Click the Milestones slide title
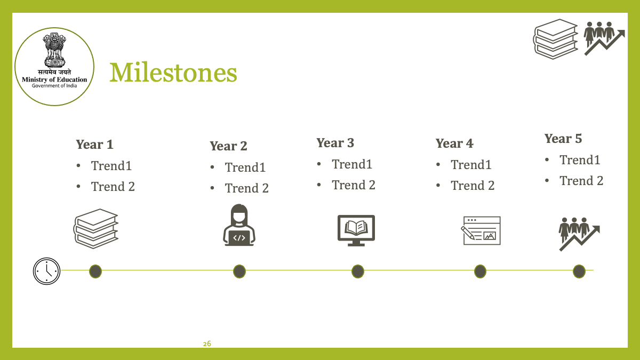[173, 73]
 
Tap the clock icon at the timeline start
[46, 271]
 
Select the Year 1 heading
[94, 145]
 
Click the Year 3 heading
[335, 143]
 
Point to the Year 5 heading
[563, 139]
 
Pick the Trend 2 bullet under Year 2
[246, 188]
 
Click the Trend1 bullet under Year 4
[471, 165]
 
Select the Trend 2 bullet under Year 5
[581, 181]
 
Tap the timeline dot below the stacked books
[95, 271]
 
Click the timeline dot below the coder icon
[239, 271]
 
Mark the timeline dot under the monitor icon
[358, 271]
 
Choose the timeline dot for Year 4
[481, 271]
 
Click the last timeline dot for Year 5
[579, 271]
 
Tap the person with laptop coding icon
[239, 225]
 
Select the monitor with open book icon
[356, 230]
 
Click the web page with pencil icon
[481, 230]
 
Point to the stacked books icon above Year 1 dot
[95, 229]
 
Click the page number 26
[207, 343]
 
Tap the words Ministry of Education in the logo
[54, 79]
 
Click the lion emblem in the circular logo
[54, 50]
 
